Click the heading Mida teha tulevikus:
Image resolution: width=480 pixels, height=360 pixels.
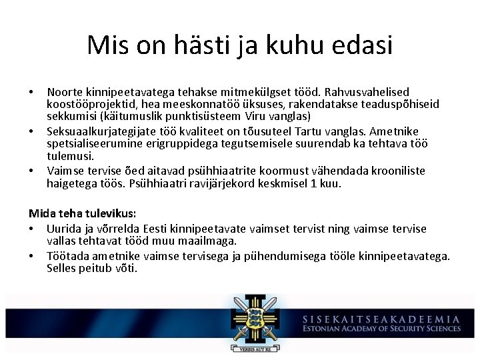click(x=82, y=214)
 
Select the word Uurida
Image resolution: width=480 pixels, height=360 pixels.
click(x=63, y=228)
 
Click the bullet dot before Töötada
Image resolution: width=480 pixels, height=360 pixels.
click(x=32, y=256)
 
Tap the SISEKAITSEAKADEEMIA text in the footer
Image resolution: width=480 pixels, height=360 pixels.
click(x=381, y=319)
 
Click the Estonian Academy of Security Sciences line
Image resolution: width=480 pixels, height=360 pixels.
click(x=381, y=329)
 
